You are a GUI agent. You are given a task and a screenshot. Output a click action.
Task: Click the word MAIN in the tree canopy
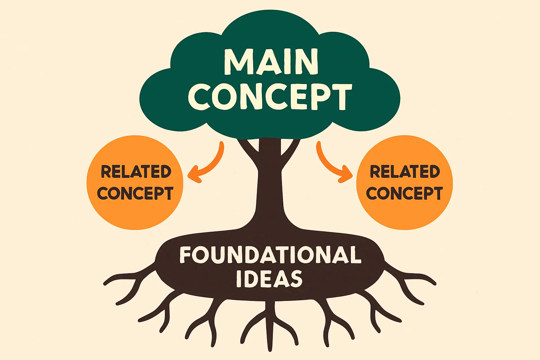click(x=271, y=62)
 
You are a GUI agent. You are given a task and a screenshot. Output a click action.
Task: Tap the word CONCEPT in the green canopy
click(x=270, y=96)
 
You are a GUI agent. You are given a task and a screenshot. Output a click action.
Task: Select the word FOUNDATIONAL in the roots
click(x=270, y=255)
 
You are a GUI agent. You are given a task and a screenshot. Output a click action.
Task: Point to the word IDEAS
click(x=269, y=279)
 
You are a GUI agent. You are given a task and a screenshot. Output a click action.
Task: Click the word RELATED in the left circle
click(x=136, y=172)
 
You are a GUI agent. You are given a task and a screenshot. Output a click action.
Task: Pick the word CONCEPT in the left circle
click(x=135, y=193)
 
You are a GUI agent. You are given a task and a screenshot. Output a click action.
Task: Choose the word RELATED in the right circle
click(x=405, y=172)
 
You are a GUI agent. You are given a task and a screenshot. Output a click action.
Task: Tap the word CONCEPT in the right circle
click(x=404, y=193)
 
